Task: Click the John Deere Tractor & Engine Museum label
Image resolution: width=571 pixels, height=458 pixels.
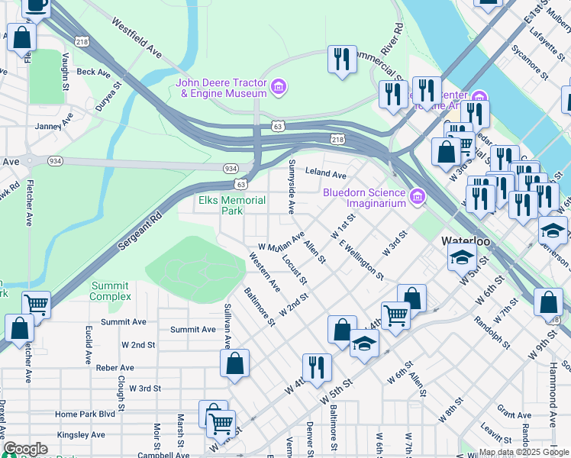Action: (x=221, y=88)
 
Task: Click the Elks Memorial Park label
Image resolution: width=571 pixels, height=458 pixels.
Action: (x=232, y=205)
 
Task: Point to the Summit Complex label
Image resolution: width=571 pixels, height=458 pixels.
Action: (x=110, y=291)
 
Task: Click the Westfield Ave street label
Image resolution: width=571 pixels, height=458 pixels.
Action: (x=137, y=39)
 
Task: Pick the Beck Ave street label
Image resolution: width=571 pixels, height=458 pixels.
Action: (x=93, y=72)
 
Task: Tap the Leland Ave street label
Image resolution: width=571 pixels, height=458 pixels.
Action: (x=326, y=173)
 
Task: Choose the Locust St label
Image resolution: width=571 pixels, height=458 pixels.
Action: (x=294, y=267)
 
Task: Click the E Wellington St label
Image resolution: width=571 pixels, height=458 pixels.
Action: (x=360, y=259)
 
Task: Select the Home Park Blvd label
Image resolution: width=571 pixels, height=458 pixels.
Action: (x=85, y=414)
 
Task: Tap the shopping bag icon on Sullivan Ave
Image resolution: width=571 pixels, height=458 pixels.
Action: (x=234, y=363)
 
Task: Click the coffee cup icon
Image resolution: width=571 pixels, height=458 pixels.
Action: (x=36, y=5)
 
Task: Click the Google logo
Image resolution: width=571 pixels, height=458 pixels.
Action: (x=25, y=449)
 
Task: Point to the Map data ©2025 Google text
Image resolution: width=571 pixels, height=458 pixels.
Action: (x=524, y=452)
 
